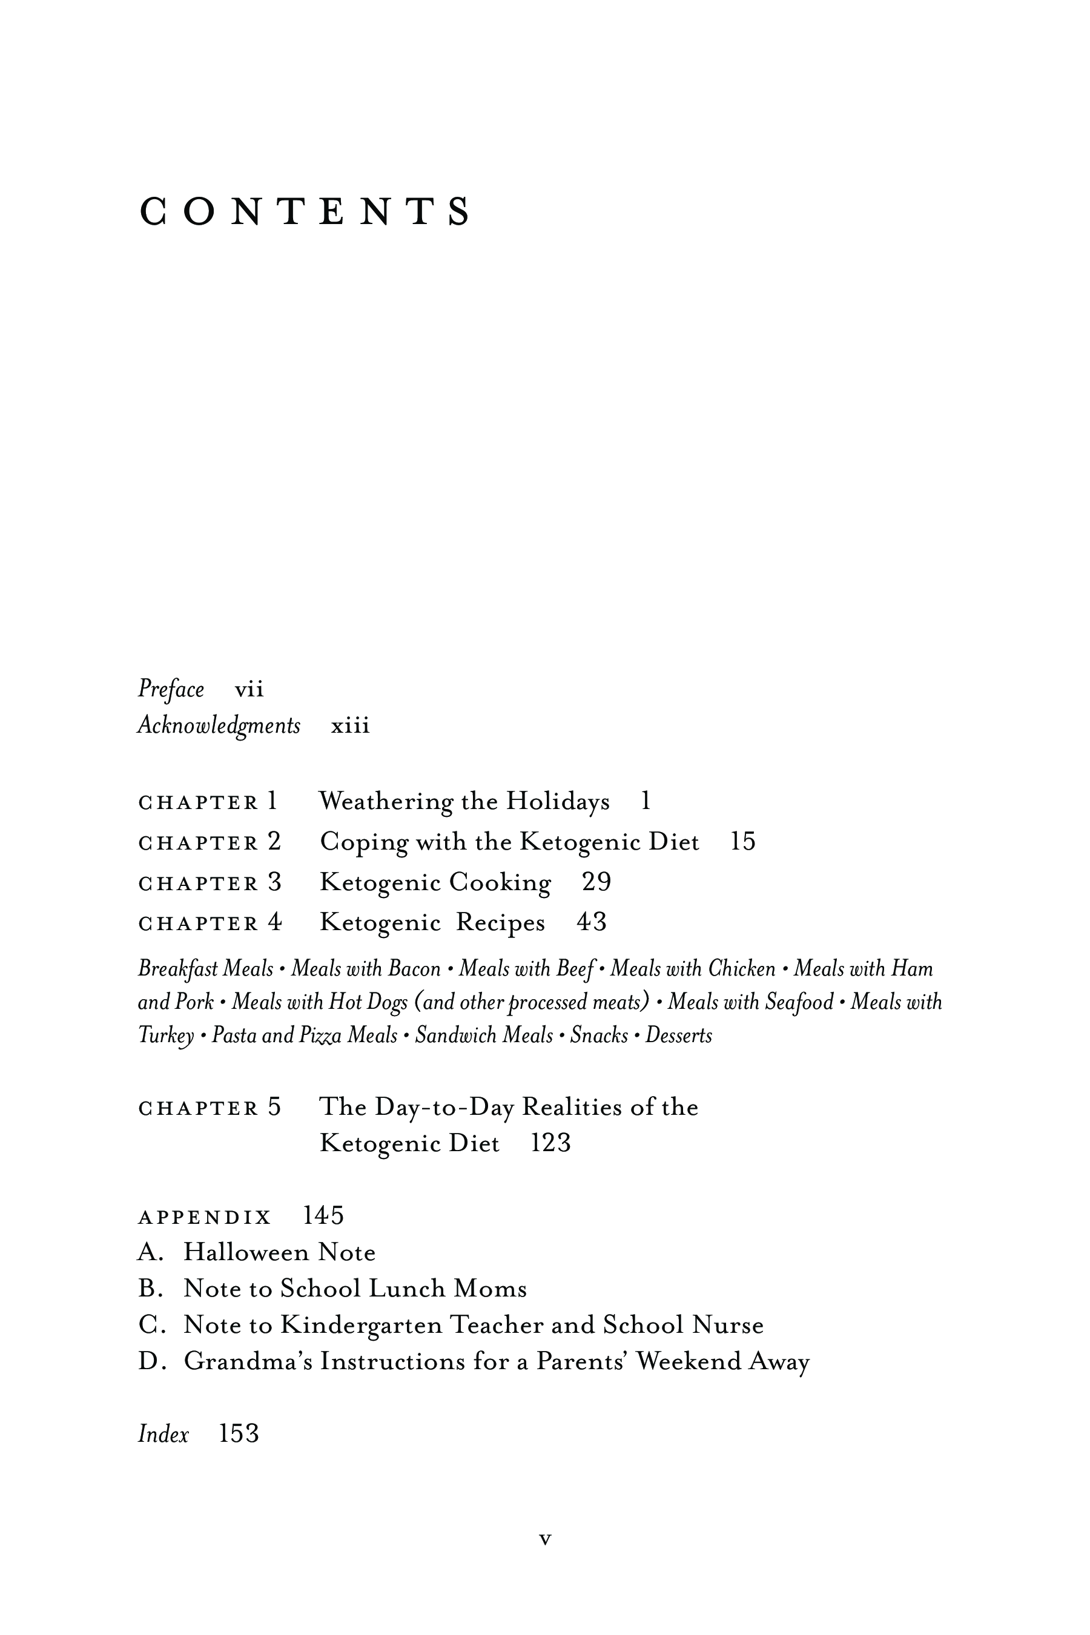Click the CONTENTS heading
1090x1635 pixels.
pyautogui.click(x=305, y=211)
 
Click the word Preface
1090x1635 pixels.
pyautogui.click(x=171, y=689)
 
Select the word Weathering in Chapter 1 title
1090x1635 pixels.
pyautogui.click(x=386, y=802)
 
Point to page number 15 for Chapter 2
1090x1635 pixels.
pyautogui.click(x=742, y=842)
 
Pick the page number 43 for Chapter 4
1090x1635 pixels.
pyautogui.click(x=592, y=922)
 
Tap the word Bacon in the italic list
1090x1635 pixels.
pyautogui.click(x=414, y=968)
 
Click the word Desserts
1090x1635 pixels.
pyautogui.click(x=678, y=1035)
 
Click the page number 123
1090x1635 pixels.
pyautogui.click(x=550, y=1143)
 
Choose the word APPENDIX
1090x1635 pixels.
pyautogui.click(x=205, y=1218)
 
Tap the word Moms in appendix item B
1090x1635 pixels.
pyautogui.click(x=490, y=1289)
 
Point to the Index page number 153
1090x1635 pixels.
pyautogui.click(x=239, y=1433)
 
